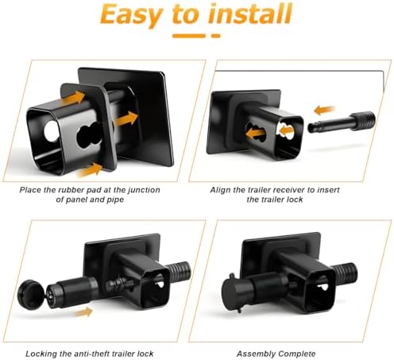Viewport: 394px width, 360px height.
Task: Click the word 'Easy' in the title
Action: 131,14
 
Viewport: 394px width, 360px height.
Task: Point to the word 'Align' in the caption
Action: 219,191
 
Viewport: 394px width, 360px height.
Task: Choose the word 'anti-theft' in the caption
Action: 91,354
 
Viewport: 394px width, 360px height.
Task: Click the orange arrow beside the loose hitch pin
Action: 324,110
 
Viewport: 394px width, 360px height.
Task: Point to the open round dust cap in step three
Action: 31,292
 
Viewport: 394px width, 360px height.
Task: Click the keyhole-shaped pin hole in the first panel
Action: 89,136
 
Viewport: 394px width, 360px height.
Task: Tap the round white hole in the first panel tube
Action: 52,131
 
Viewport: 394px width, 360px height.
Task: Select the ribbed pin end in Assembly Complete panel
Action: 345,273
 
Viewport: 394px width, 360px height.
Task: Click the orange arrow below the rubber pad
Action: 90,170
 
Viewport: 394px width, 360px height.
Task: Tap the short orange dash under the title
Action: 216,36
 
